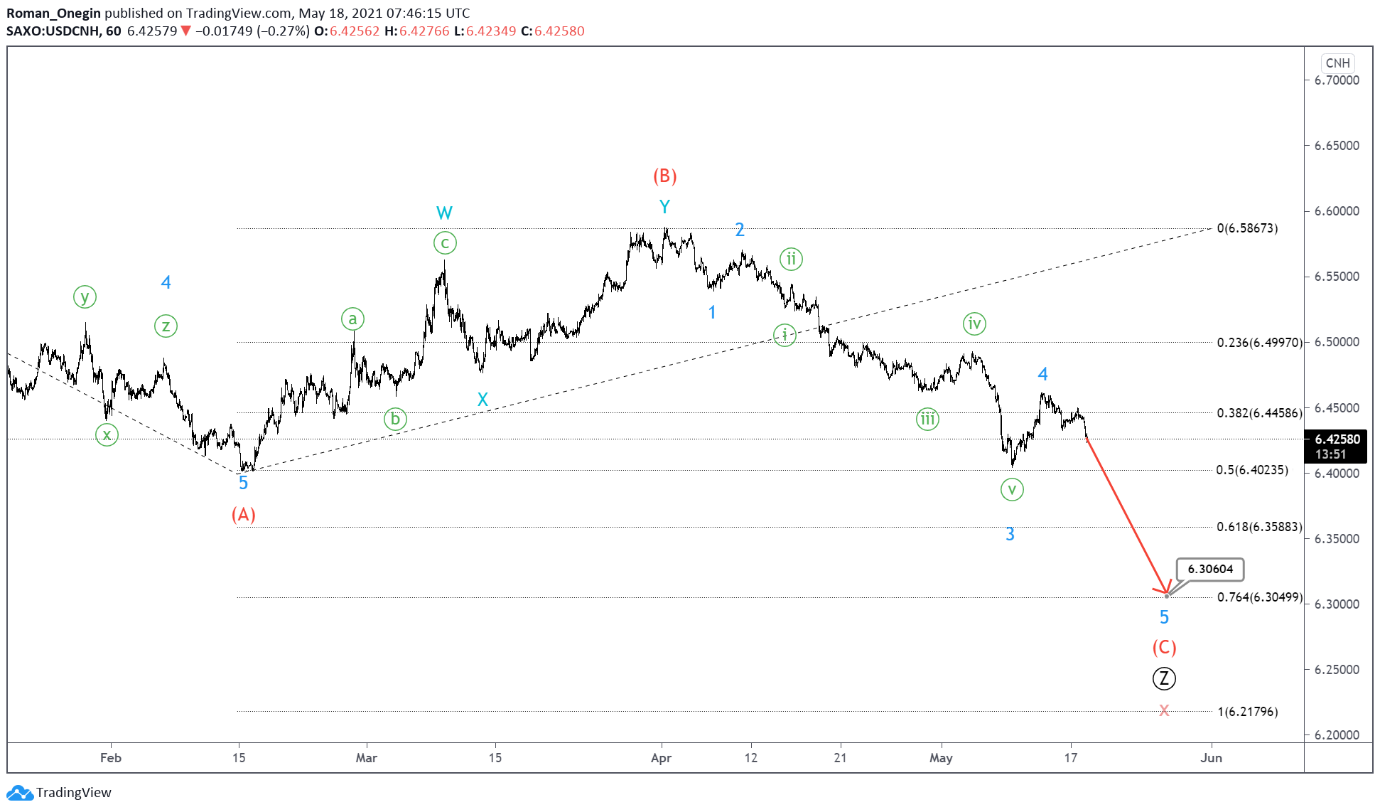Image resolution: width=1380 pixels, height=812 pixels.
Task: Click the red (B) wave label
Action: [x=664, y=176]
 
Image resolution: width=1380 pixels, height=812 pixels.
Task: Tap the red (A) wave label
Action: [x=243, y=514]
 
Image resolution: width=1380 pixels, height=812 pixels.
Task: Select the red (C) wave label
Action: [x=1164, y=647]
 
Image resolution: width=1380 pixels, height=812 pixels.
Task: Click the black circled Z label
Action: [x=1164, y=678]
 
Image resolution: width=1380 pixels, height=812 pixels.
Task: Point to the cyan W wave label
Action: [x=444, y=213]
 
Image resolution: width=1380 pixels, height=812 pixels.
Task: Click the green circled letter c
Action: [x=445, y=243]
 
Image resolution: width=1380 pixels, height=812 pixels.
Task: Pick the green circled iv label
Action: [x=974, y=324]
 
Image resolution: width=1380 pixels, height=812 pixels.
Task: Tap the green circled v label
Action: [x=1012, y=489]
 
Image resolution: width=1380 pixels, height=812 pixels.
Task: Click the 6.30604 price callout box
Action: [x=1210, y=569]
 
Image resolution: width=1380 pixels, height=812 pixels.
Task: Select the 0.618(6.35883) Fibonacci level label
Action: [x=1259, y=527]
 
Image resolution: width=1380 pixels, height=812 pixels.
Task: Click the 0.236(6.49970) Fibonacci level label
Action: [x=1259, y=343]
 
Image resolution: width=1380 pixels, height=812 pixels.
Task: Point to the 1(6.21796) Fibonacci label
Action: [x=1248, y=712]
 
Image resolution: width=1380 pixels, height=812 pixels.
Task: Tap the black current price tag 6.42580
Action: [x=1337, y=439]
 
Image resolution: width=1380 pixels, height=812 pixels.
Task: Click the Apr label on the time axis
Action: [x=661, y=758]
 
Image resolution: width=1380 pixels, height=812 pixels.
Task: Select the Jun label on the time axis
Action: [x=1211, y=758]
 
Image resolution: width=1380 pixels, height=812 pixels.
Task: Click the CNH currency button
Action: [x=1337, y=63]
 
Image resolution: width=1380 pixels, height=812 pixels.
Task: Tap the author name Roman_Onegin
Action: [x=54, y=13]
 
